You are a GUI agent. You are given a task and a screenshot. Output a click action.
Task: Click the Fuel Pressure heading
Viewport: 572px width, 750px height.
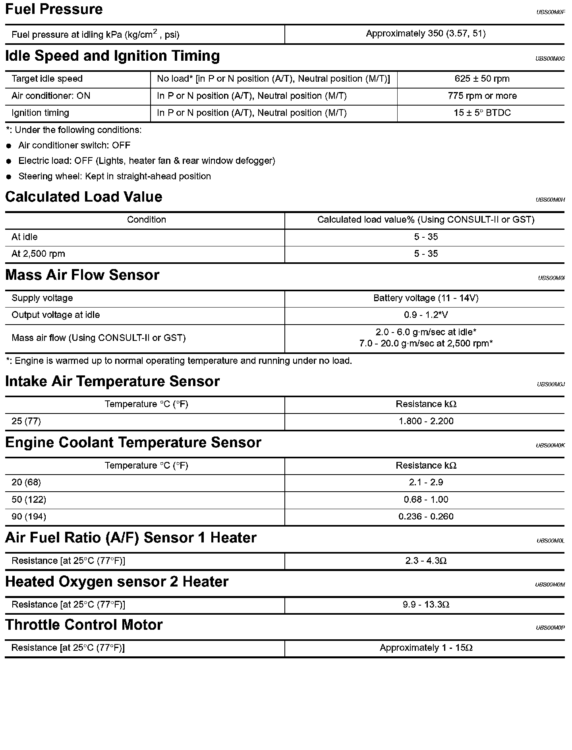click(x=54, y=9)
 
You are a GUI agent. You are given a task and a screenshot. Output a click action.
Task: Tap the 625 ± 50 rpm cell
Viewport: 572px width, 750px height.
click(x=482, y=79)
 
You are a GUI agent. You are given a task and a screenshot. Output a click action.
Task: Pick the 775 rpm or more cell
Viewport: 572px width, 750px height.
click(x=482, y=96)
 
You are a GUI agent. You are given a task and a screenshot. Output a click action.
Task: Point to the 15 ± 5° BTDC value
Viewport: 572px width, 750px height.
click(x=482, y=113)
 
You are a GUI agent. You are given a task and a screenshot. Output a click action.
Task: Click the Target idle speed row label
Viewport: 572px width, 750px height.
click(x=47, y=79)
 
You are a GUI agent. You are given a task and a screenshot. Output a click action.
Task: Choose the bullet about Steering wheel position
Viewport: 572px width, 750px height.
click(x=114, y=176)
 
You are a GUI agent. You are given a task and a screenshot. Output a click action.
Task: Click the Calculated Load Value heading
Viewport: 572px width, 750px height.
click(x=84, y=197)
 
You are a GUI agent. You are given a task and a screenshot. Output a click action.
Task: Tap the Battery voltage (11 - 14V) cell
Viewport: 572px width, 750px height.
click(x=425, y=298)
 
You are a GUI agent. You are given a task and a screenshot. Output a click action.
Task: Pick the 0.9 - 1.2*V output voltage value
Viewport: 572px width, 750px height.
click(x=425, y=315)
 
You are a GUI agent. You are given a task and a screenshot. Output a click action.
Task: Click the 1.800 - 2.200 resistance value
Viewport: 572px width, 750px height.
click(x=426, y=421)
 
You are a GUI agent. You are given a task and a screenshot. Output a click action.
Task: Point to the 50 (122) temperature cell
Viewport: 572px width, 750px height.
click(x=29, y=500)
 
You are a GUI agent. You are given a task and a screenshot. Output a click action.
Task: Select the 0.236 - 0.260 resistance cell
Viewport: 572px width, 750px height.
click(x=426, y=517)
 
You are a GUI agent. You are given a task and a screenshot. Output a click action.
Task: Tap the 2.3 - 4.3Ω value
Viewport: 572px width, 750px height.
click(x=426, y=561)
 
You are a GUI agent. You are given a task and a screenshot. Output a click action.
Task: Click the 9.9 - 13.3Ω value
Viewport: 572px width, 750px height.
click(x=426, y=605)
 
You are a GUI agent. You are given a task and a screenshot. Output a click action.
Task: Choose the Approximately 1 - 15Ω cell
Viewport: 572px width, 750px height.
click(x=426, y=648)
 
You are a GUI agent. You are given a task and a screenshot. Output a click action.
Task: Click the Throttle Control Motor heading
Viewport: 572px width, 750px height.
click(x=84, y=625)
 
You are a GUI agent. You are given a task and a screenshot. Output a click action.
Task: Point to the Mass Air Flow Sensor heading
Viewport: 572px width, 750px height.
click(x=82, y=275)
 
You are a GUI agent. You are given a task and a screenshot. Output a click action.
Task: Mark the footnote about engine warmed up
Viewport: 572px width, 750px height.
click(x=179, y=361)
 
